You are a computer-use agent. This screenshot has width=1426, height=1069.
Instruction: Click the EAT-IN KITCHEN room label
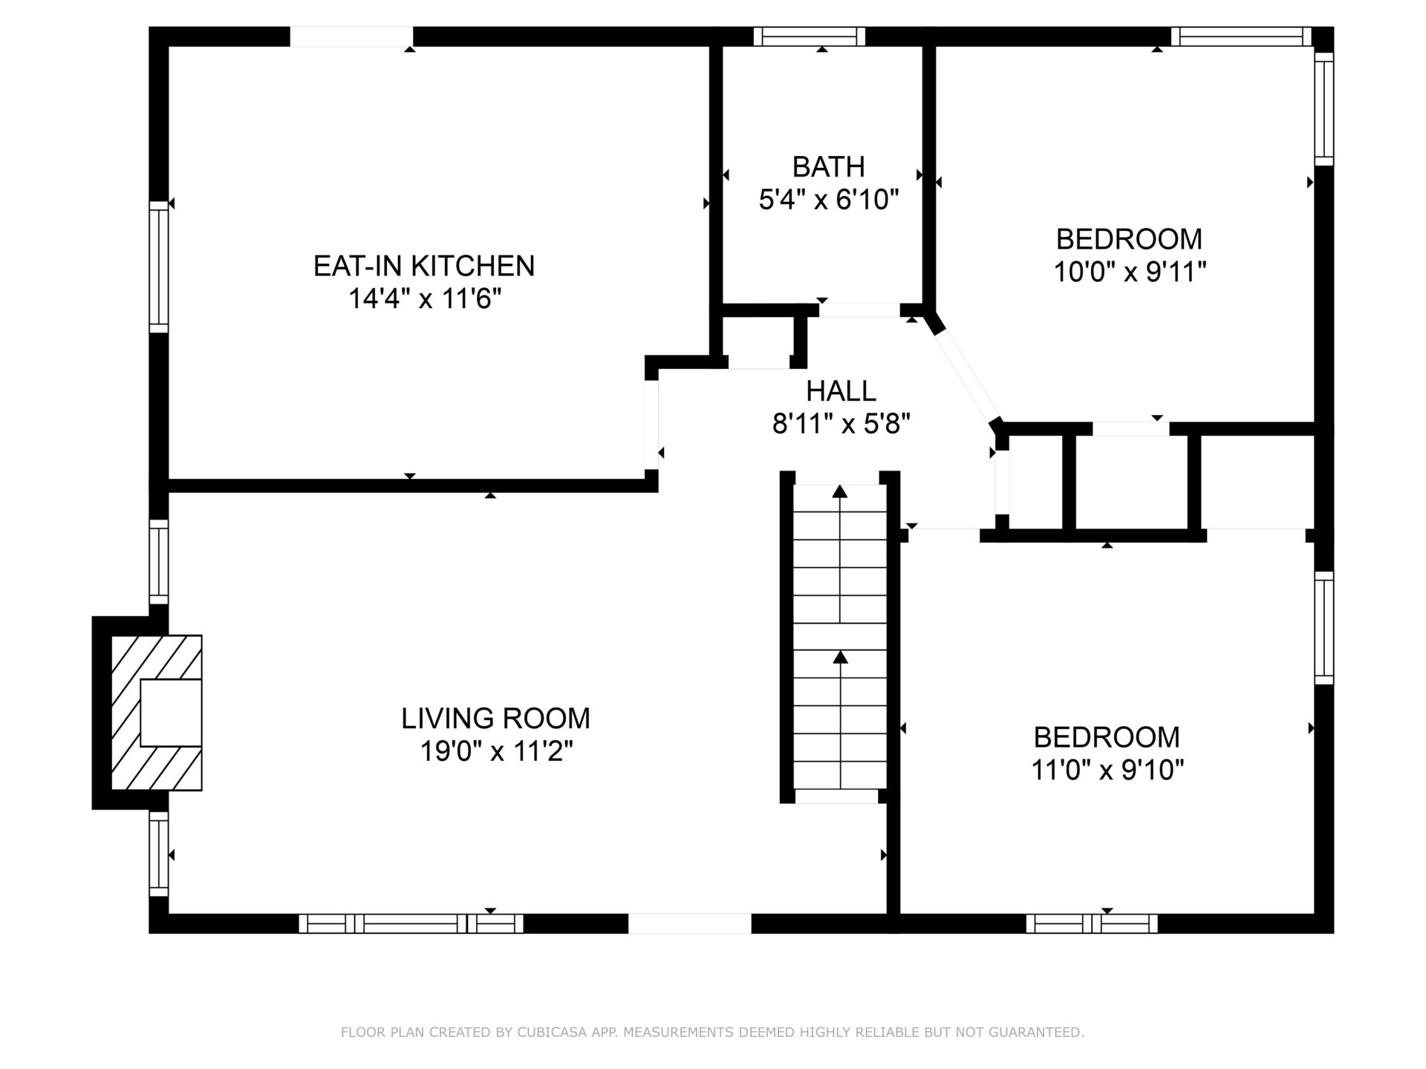[424, 266]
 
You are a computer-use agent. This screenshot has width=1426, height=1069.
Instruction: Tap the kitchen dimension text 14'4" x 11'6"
[425, 299]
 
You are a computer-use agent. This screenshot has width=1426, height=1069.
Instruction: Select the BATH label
[829, 167]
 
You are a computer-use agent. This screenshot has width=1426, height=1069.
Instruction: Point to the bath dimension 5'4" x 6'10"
[829, 200]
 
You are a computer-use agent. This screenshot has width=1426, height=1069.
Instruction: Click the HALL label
[841, 390]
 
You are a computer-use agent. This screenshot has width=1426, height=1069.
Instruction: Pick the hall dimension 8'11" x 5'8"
[841, 424]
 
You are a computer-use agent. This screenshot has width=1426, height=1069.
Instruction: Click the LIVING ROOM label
[495, 719]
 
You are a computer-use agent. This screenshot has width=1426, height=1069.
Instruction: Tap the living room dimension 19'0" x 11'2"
[496, 752]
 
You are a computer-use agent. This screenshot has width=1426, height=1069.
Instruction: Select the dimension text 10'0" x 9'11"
[1129, 272]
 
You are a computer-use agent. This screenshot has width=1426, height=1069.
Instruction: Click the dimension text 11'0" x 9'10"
[1107, 771]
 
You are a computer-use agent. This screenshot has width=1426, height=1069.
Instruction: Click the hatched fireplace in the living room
[156, 712]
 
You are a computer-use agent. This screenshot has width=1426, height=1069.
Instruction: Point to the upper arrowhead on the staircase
[840, 491]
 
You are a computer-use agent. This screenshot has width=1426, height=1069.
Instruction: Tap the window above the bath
[810, 36]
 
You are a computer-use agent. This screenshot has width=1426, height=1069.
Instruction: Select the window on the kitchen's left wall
[159, 267]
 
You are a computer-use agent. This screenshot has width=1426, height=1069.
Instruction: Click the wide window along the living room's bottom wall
[411, 923]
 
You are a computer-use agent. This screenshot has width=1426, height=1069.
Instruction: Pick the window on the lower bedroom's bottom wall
[1092, 923]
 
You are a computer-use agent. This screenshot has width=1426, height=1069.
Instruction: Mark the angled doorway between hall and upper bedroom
[965, 376]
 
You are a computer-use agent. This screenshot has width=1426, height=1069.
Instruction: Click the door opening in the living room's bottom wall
[690, 923]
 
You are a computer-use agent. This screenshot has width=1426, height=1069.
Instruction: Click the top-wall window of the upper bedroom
[1242, 36]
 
